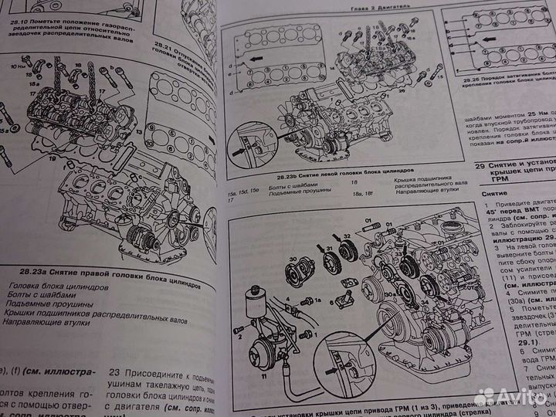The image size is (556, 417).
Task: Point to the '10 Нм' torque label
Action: [x=17, y=66]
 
